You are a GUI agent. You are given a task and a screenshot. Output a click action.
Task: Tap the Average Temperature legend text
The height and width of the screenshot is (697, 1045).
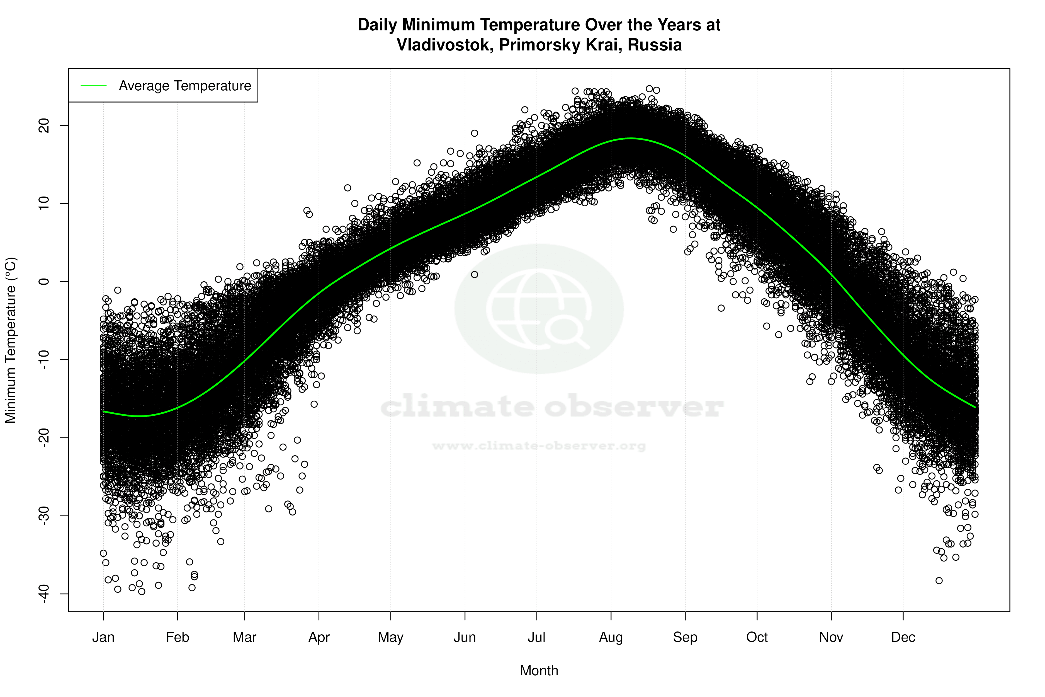[x=185, y=86]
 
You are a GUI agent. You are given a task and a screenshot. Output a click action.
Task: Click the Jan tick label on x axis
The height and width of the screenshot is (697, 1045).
[x=103, y=637]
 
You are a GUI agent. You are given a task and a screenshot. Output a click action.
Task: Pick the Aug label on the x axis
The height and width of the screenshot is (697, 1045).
[x=611, y=637]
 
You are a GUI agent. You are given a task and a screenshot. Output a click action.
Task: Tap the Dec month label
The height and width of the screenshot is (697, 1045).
[x=903, y=637]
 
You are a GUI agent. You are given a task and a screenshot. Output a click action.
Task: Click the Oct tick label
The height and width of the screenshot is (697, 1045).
[x=757, y=637]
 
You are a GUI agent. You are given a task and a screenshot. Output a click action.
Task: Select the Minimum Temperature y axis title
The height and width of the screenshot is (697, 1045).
[x=11, y=340]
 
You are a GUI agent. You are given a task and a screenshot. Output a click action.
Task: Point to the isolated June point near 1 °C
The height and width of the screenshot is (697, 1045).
[x=475, y=275]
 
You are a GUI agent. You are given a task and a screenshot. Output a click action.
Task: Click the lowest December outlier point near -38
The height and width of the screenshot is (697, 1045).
[x=939, y=580]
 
